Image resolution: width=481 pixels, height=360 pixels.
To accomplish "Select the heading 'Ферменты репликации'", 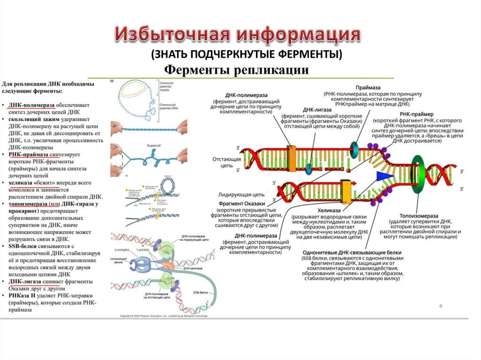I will click(235, 70).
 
